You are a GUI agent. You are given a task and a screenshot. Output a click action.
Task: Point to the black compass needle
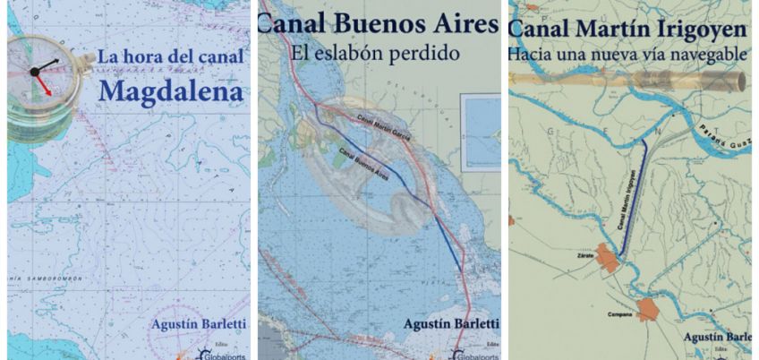click(x=47, y=66)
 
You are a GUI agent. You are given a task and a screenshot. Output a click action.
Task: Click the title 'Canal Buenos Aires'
click(x=377, y=24)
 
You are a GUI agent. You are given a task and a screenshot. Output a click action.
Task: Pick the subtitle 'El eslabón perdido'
click(x=375, y=53)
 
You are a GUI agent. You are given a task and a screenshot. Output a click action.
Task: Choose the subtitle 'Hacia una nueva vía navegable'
click(x=627, y=54)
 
